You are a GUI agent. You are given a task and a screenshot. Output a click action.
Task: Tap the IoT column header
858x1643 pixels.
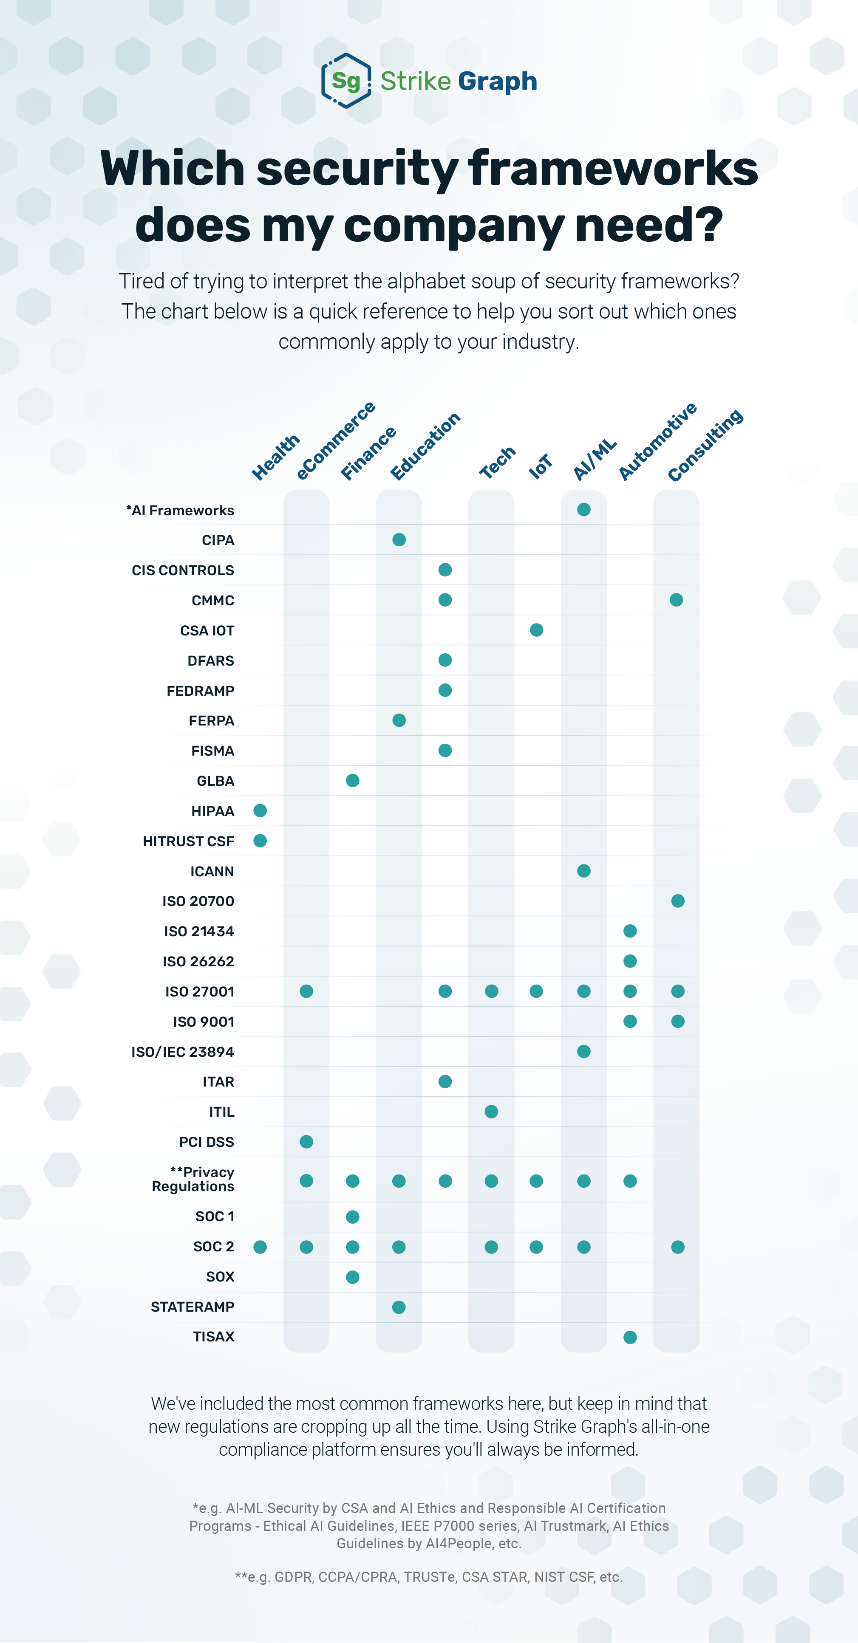coord(540,466)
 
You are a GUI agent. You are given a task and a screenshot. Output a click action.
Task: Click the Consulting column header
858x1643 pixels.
coord(705,445)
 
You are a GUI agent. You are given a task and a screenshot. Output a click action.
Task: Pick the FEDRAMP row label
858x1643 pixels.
coord(200,691)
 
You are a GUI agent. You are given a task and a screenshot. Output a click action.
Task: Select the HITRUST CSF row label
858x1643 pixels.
coord(188,841)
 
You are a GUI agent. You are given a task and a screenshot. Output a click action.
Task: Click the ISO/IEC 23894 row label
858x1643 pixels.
coord(182,1052)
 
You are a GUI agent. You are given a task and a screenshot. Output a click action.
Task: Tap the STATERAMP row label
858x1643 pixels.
coord(193,1307)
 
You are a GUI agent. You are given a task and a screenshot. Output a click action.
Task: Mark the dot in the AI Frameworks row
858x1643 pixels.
coord(584,510)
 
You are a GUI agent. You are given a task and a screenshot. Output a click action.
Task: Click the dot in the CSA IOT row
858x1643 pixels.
coord(536,630)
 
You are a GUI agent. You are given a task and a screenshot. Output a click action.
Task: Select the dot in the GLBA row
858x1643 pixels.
coord(352,781)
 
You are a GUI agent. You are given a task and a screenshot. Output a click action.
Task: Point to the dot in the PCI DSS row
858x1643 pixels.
coord(306,1142)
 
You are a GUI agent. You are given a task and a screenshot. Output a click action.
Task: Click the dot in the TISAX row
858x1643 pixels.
coord(630,1338)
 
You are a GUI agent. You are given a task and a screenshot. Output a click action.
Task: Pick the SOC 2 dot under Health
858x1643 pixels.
coord(260,1247)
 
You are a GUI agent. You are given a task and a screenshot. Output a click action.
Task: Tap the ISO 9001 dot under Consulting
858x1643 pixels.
coord(677,1022)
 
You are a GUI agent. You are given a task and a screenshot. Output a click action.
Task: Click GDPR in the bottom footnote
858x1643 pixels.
coord(294,1577)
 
